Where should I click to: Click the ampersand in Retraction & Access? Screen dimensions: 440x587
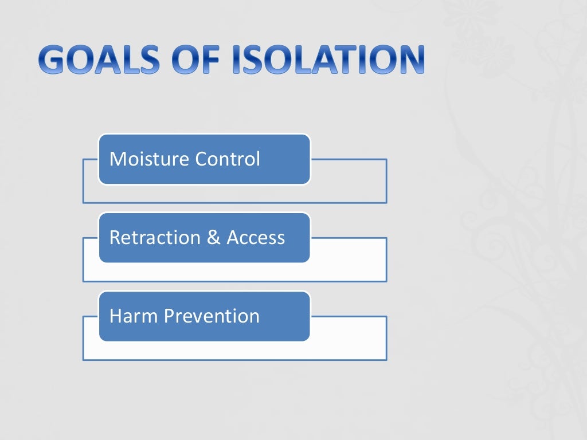214,238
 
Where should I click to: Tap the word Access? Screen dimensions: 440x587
256,237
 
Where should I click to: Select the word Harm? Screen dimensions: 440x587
133,316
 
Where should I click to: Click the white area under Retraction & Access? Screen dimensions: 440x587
235,272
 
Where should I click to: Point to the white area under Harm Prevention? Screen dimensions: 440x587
235,351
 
